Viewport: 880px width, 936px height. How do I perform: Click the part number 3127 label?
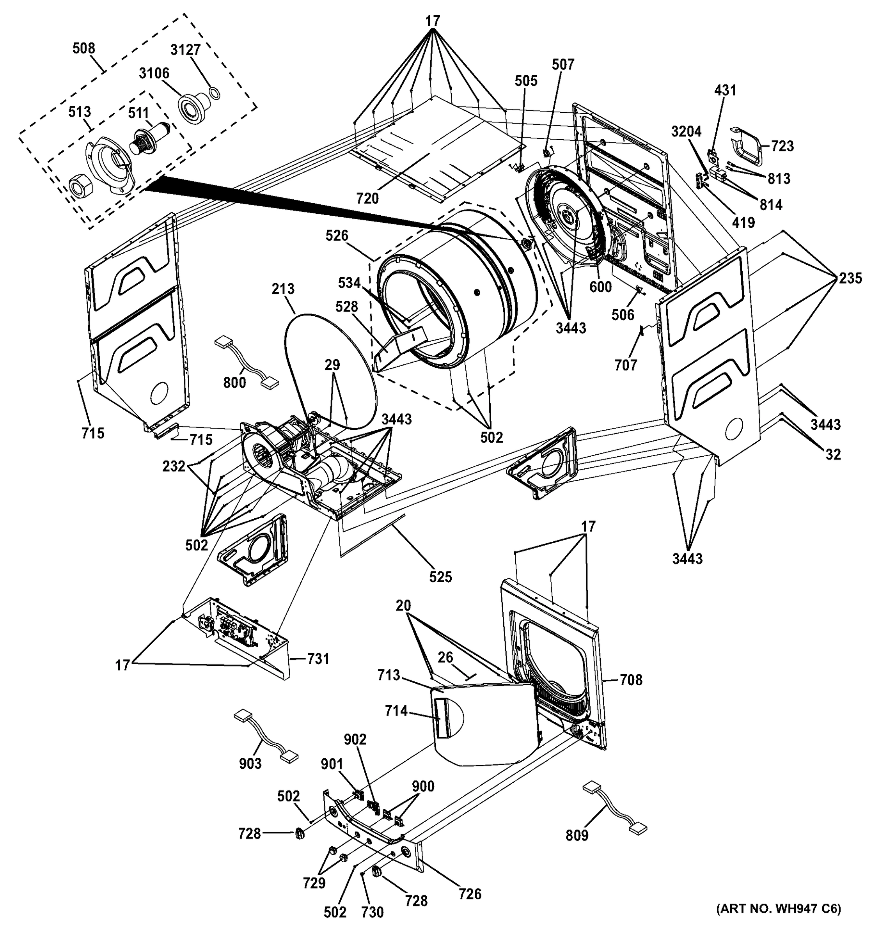tap(186, 50)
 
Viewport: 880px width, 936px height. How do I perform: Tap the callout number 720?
tap(367, 199)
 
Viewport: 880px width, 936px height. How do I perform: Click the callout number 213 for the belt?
tap(283, 289)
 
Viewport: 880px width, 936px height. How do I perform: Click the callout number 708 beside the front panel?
tap(631, 680)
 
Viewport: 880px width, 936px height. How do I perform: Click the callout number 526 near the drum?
tap(337, 236)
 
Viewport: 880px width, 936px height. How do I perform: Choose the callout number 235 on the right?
tap(850, 278)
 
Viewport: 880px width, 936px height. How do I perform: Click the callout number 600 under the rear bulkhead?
tap(601, 286)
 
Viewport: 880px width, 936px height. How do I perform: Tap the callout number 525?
tap(440, 577)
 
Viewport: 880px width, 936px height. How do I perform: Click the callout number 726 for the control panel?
tap(470, 893)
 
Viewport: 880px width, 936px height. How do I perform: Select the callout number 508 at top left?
tap(84, 48)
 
